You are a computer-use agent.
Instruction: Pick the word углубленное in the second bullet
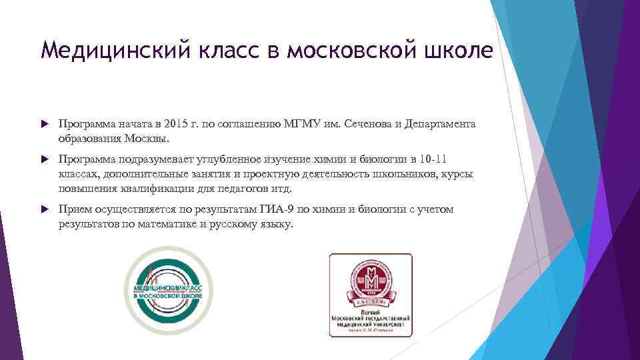tap(220, 160)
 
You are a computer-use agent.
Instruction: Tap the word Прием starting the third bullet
tap(73, 209)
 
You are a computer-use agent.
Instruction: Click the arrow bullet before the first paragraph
tap(45, 125)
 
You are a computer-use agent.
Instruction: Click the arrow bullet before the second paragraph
tap(45, 160)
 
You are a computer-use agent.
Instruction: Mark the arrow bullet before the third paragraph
tap(45, 210)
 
